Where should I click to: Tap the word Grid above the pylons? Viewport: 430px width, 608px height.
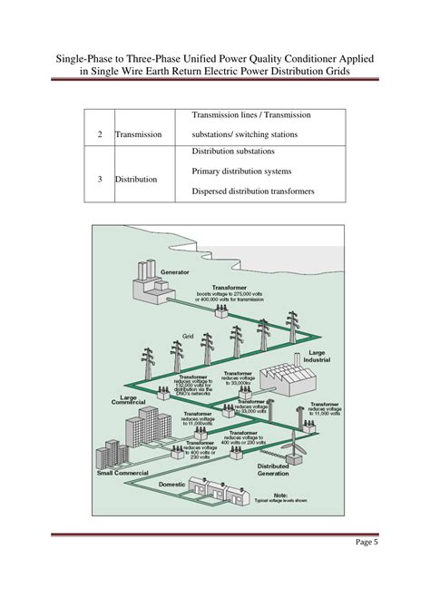coord(189,336)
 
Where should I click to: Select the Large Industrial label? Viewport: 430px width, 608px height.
coord(316,357)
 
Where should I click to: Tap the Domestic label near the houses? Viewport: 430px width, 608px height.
coord(171,484)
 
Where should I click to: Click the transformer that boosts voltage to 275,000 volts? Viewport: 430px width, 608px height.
coord(220,309)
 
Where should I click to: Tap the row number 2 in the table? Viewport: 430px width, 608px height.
coord(98,134)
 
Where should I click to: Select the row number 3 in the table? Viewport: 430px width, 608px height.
coord(98,179)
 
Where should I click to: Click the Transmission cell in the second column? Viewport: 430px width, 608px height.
coord(138,134)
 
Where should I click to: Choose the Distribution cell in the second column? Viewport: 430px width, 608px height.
coord(136,179)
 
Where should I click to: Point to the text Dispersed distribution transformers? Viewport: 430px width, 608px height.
coord(253,191)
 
